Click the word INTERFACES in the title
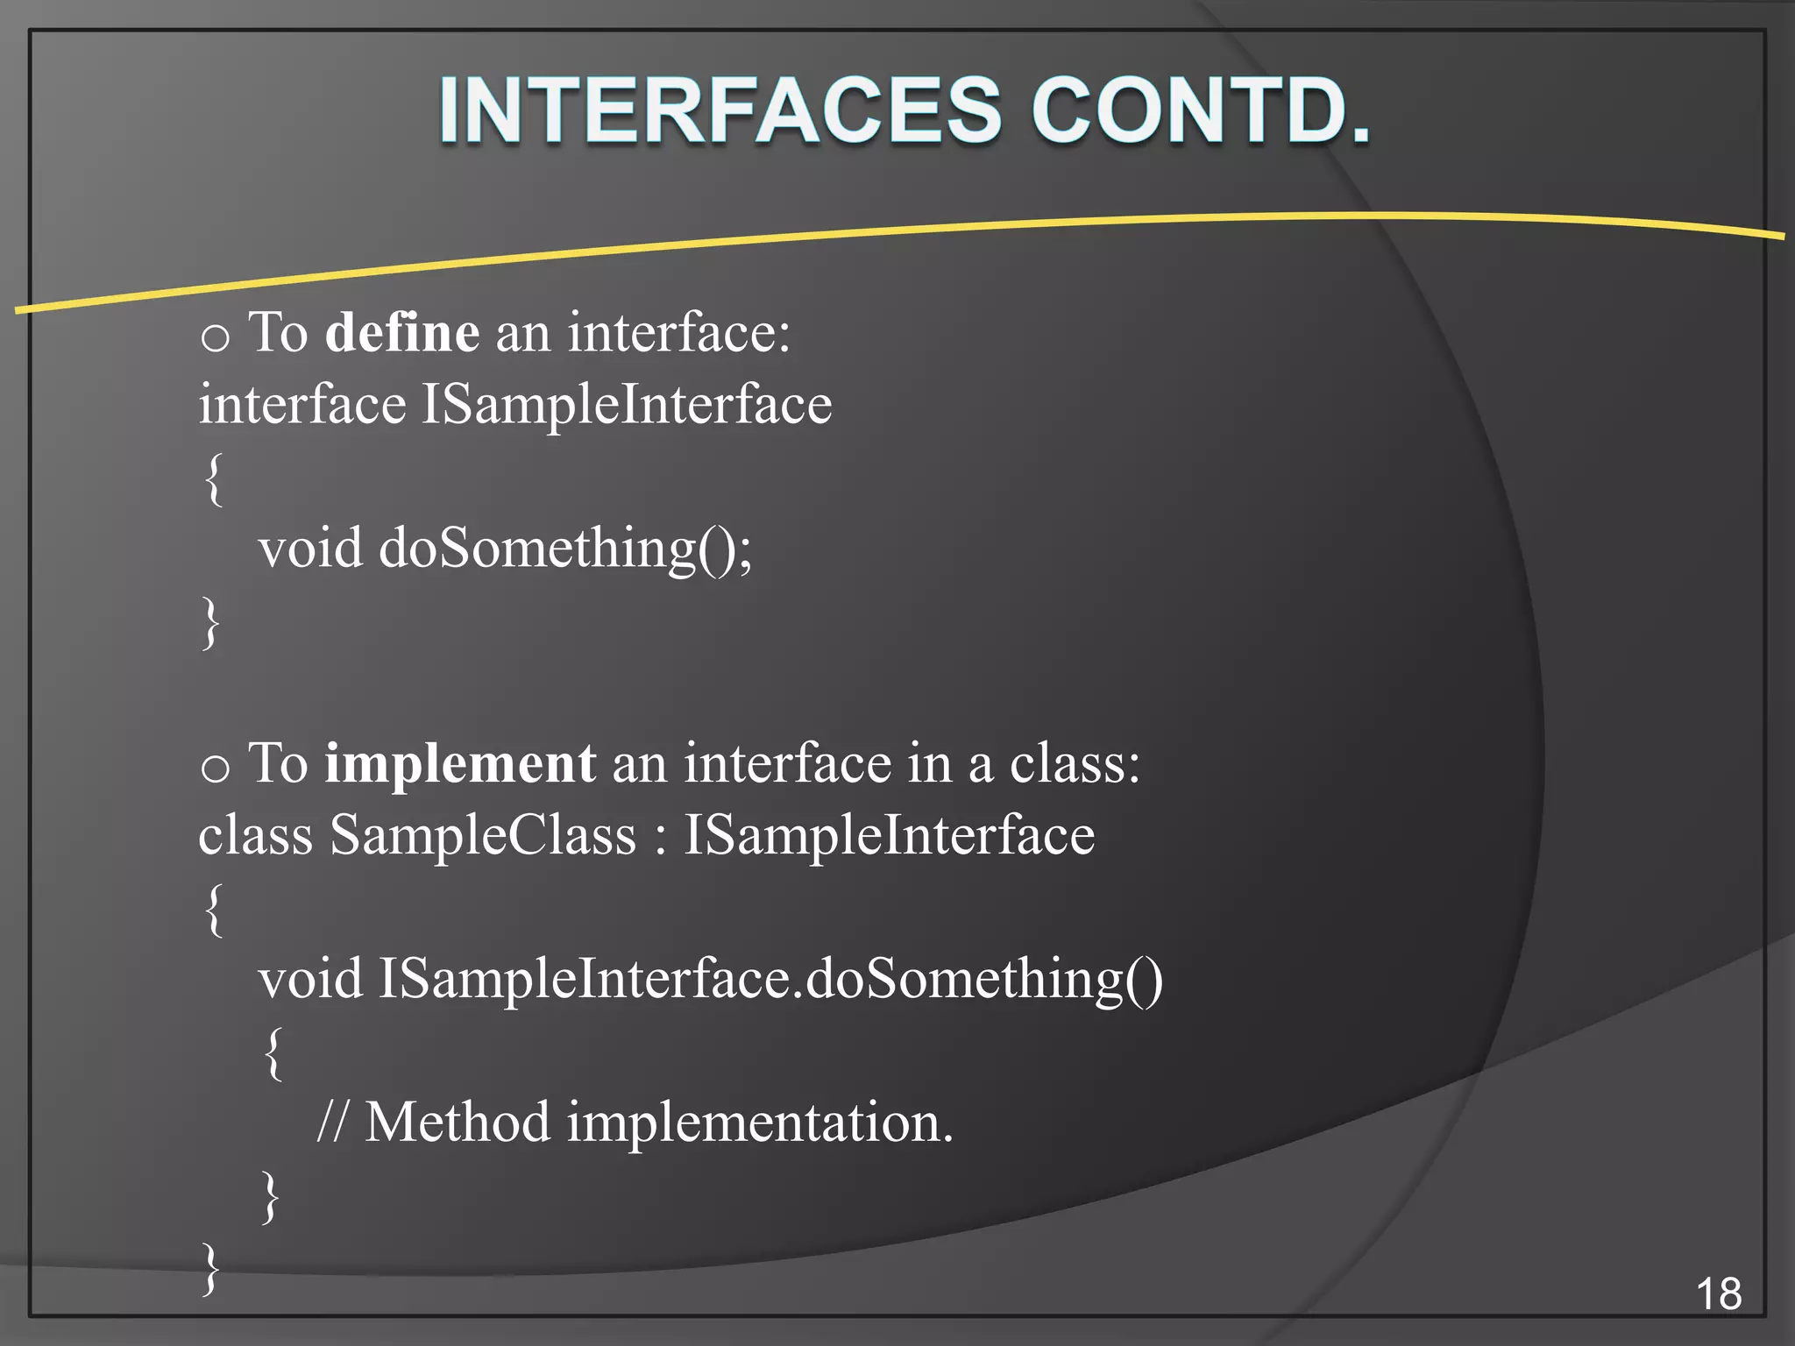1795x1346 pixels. click(719, 111)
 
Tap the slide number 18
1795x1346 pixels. click(1719, 1294)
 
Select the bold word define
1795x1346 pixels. click(402, 333)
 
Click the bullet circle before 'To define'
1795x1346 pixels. click(215, 337)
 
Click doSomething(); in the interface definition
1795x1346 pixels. click(565, 549)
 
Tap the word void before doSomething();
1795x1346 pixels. click(310, 549)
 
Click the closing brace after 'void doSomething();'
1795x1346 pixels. click(210, 622)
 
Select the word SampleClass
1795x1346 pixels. click(483, 835)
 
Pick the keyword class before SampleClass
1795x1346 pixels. click(255, 835)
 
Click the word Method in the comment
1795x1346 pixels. click(458, 1123)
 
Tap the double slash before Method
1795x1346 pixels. click(332, 1123)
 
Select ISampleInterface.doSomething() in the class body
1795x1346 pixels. click(770, 979)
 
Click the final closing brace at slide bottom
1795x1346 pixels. click(210, 1268)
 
